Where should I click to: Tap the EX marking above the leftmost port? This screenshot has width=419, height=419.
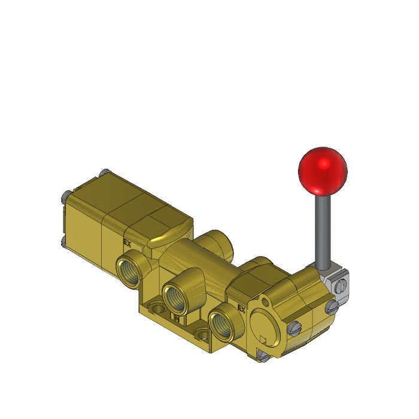coord(127,243)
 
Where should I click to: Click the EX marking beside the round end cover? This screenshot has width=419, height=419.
coord(242,309)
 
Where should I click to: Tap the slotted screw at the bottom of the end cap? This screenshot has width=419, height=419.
coord(262,357)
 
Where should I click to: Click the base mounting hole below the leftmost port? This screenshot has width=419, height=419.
coord(157,309)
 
